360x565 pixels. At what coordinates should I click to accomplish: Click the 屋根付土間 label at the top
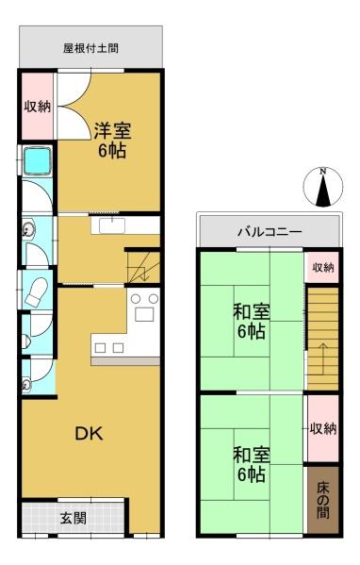[x=90, y=47]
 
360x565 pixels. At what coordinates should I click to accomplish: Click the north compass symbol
[x=323, y=187]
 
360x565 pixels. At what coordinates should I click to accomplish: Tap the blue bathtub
[x=39, y=164]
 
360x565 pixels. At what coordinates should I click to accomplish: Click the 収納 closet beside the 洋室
[x=37, y=107]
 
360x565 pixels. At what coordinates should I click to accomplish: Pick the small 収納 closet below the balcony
[x=322, y=268]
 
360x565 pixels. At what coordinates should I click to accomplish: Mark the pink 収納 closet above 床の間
[x=322, y=429]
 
